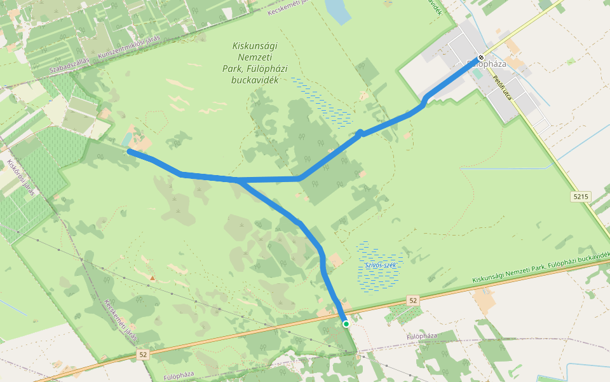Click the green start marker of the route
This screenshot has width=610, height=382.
tap(346, 324)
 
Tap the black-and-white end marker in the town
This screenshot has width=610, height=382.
tap(480, 56)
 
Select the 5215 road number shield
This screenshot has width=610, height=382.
tap(580, 197)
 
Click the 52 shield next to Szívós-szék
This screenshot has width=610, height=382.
tap(413, 300)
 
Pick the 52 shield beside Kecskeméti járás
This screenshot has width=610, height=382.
tap(142, 354)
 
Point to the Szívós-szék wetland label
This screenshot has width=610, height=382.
tap(381, 265)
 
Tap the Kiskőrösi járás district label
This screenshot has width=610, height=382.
tap(21, 178)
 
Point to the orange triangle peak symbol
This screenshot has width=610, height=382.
tap(152, 278)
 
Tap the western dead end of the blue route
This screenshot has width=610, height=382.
tap(130, 152)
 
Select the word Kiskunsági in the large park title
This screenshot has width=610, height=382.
tap(255, 46)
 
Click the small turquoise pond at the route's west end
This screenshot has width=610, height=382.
tap(127, 139)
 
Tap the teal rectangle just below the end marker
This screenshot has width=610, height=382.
tap(477, 73)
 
